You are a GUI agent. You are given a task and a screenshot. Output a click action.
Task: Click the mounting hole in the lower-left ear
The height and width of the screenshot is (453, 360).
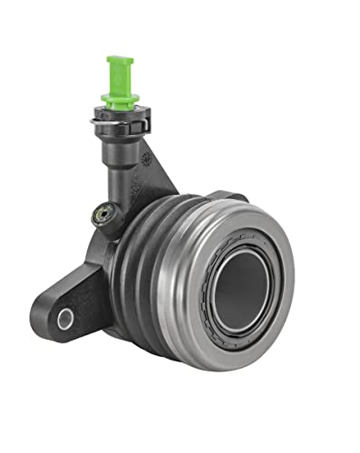[x=64, y=318]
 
